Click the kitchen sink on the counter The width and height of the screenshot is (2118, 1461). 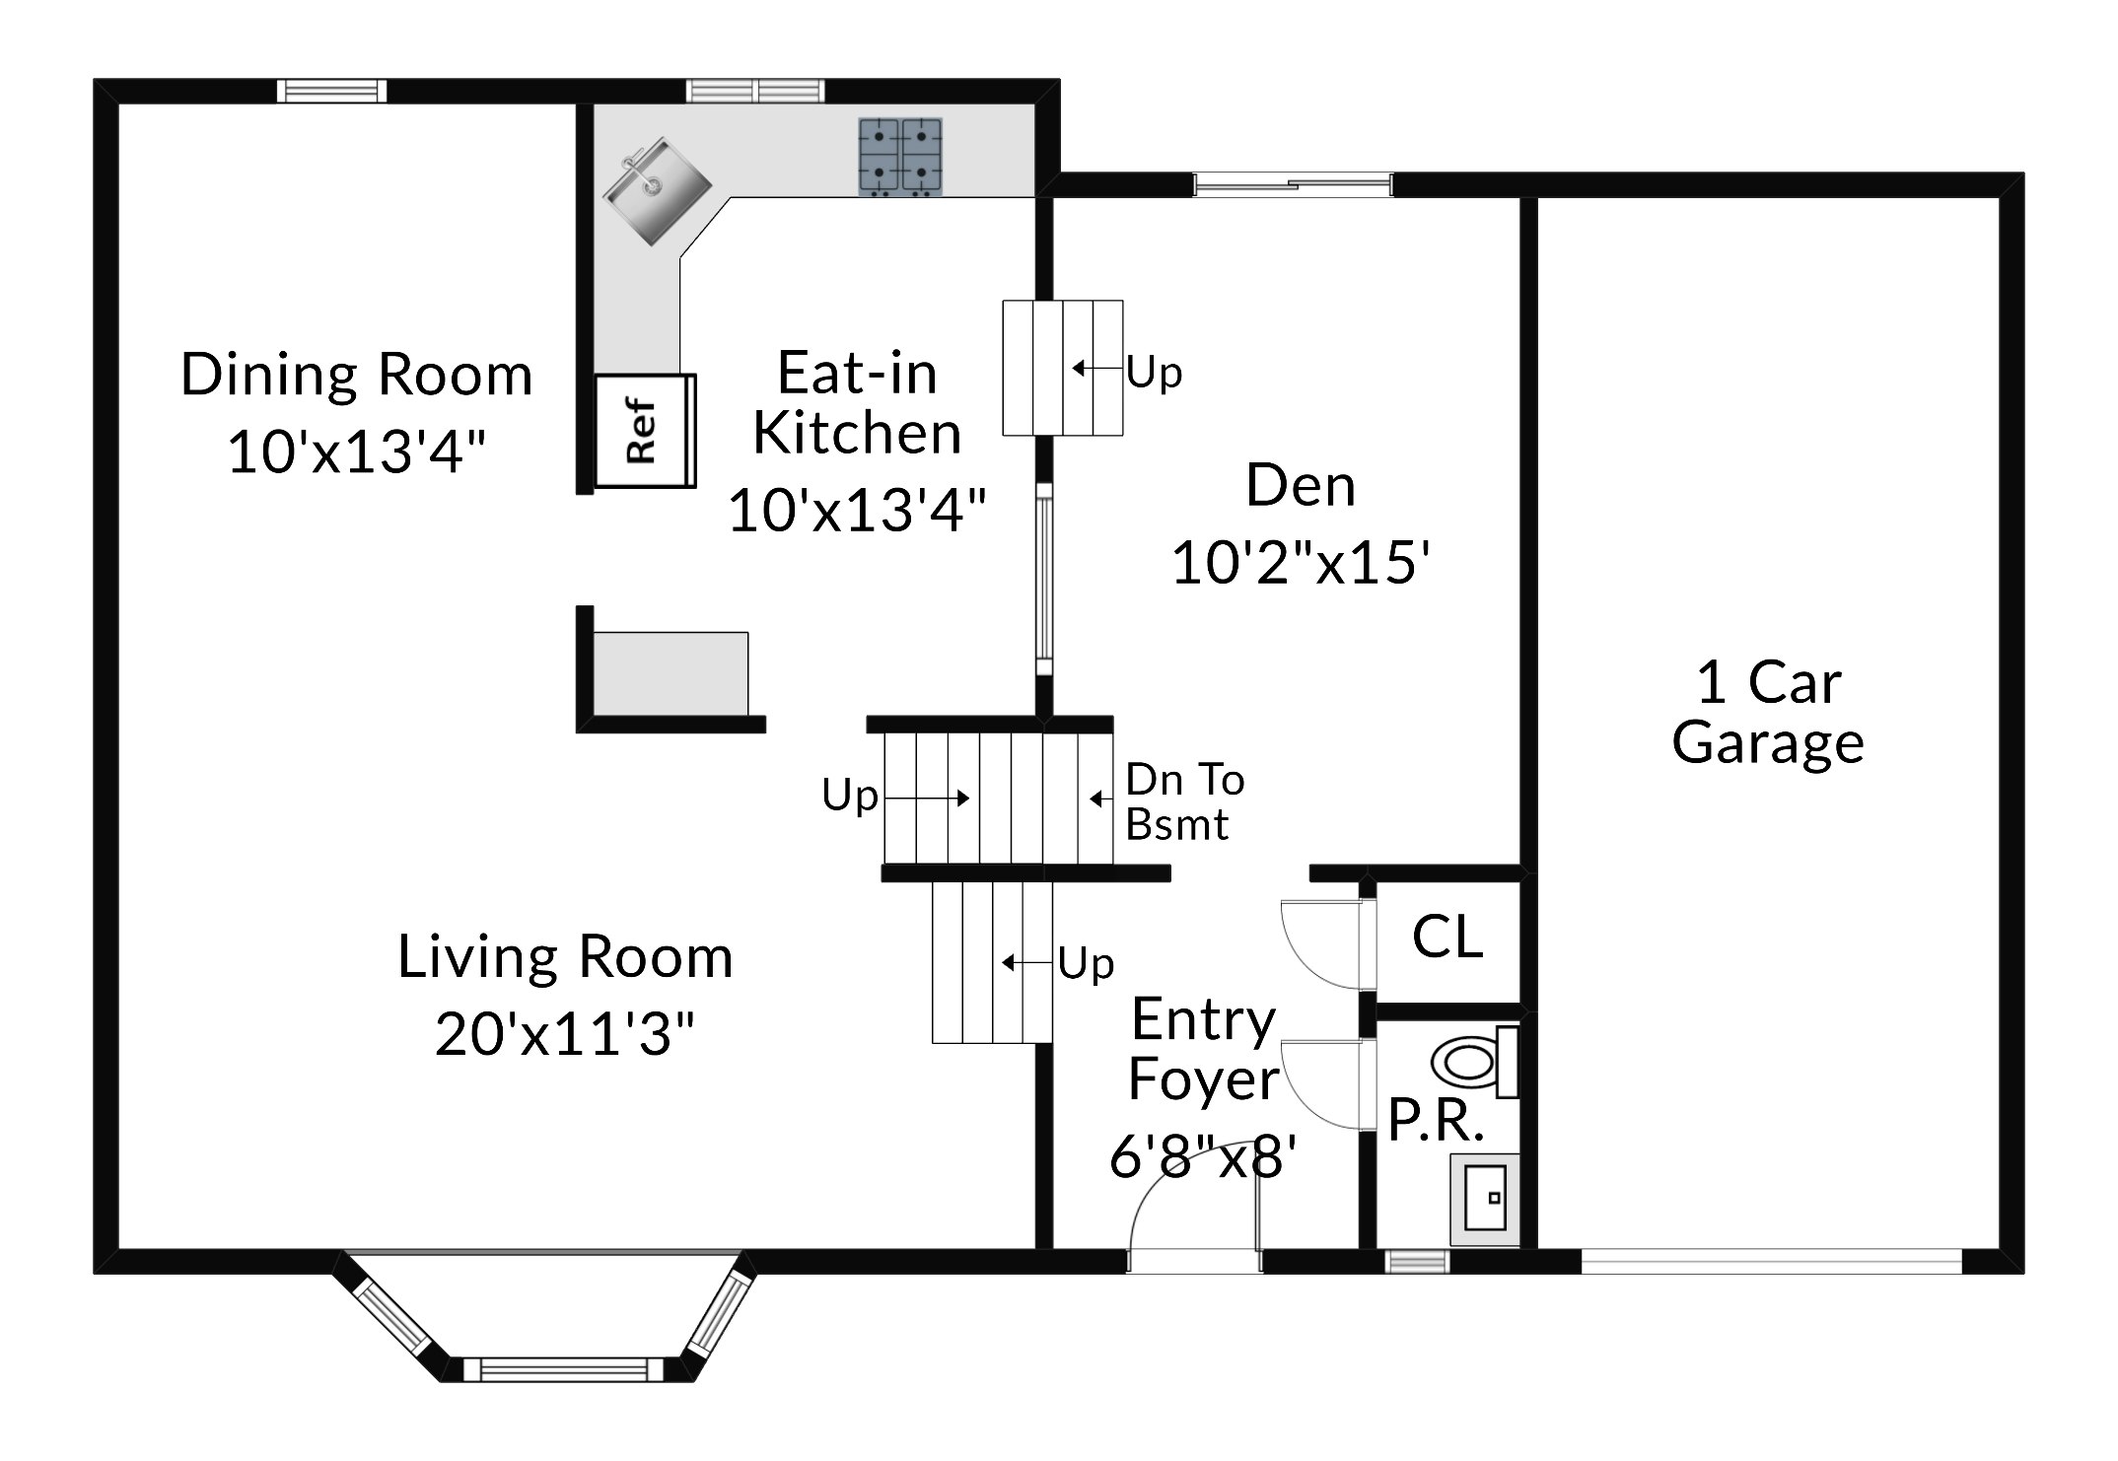pyautogui.click(x=657, y=192)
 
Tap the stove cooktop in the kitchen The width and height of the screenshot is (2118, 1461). pyautogui.click(x=900, y=156)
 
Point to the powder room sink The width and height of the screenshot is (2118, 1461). pyautogui.click(x=1485, y=1200)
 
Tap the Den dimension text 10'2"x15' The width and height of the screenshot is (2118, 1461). pyautogui.click(x=1301, y=563)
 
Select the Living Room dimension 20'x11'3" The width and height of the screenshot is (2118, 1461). pyautogui.click(x=565, y=1034)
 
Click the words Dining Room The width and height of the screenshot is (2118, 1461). pyautogui.click(x=356, y=375)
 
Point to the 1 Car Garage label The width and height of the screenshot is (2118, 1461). pyautogui.click(x=1768, y=713)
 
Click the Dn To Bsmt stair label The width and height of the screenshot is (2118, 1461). pyautogui.click(x=1185, y=802)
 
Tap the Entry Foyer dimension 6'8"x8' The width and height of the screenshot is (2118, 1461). pyautogui.click(x=1203, y=1156)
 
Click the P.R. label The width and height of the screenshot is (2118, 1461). pyautogui.click(x=1436, y=1120)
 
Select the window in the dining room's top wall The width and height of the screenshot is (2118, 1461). pyautogui.click(x=331, y=92)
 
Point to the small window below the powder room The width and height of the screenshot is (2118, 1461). pyautogui.click(x=1418, y=1262)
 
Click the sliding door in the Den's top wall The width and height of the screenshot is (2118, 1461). pyautogui.click(x=1293, y=184)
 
